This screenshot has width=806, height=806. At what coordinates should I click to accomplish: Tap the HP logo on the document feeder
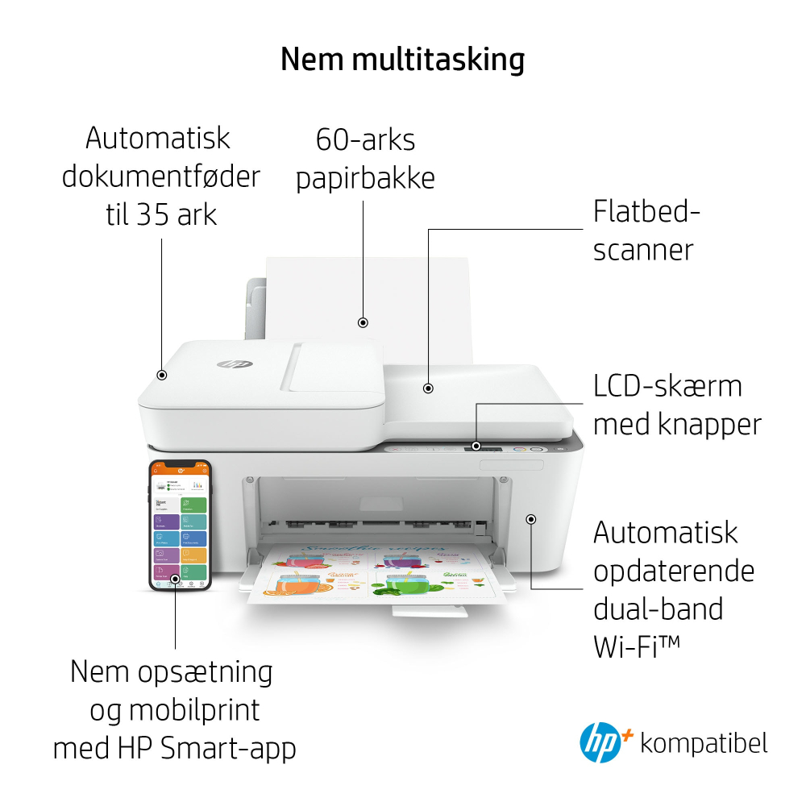pos(235,364)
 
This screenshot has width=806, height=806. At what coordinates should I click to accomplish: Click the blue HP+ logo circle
pos(600,743)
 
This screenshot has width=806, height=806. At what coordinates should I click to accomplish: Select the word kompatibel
pos(704,742)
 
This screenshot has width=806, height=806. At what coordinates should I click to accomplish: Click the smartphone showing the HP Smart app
pos(180,525)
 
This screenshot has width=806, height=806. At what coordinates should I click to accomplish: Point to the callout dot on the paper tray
pos(364,322)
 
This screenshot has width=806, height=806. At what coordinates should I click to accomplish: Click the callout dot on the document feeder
pos(162,375)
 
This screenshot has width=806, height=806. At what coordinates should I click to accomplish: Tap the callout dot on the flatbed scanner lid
pos(428,388)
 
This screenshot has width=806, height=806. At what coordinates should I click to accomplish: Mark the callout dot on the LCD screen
pos(476,446)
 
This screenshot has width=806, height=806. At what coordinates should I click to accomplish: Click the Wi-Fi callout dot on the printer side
pos(531,519)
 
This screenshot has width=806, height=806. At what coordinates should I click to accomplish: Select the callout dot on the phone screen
pos(175,579)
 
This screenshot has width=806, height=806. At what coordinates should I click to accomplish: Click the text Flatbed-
pos(646,212)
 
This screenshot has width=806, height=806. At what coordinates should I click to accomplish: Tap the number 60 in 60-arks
pos(332,140)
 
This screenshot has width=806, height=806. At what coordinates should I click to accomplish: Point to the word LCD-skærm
pos(667,386)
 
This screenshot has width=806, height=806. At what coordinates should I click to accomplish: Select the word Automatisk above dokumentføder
pos(158,139)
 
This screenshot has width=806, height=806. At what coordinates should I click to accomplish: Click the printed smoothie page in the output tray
pos(376,573)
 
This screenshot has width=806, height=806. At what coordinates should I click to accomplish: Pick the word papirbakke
pos(365,178)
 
